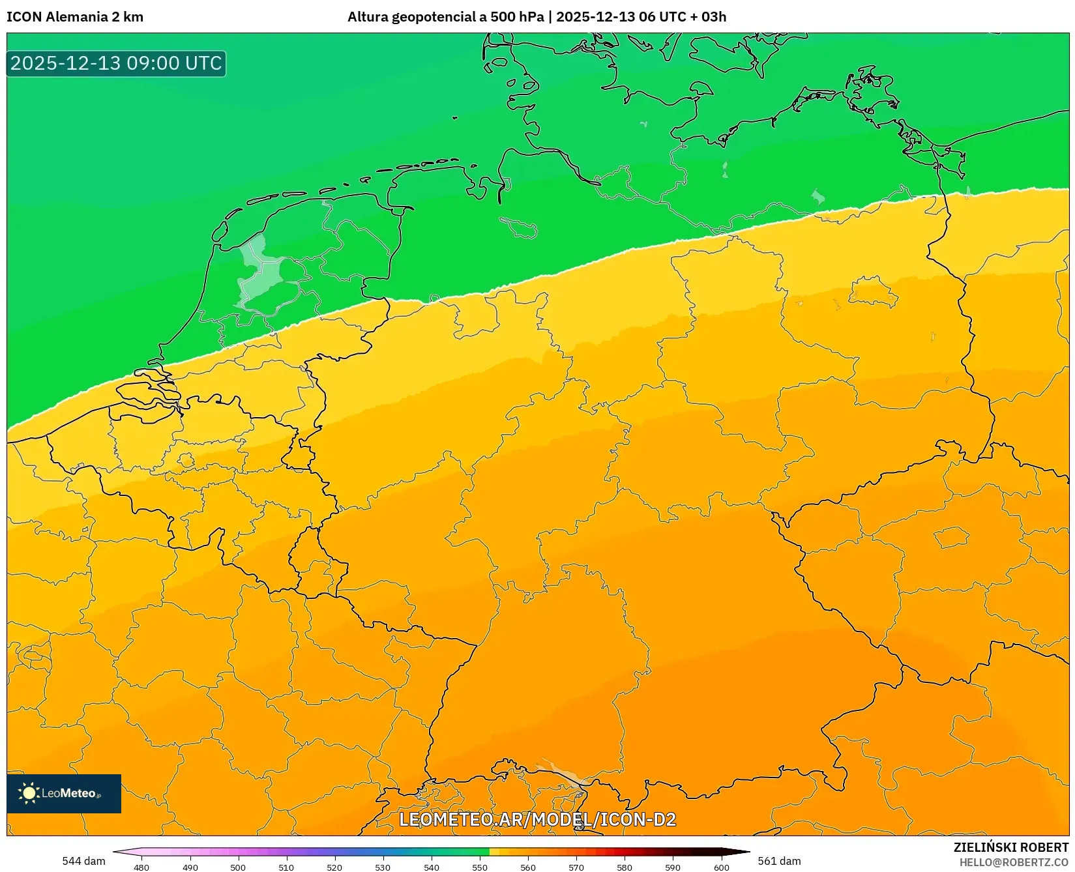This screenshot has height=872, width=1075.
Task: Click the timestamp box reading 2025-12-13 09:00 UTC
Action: (116, 63)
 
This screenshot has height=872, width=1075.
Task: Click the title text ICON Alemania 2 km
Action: (75, 17)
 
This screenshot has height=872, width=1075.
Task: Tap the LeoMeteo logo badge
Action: (64, 793)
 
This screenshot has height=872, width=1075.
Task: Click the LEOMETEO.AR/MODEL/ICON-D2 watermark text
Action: (537, 819)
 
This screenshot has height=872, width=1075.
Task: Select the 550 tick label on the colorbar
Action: (480, 867)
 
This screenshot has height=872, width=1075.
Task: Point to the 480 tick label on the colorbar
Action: (141, 867)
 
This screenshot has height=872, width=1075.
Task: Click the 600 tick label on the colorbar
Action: (721, 867)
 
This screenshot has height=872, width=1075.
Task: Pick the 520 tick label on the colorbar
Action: (334, 867)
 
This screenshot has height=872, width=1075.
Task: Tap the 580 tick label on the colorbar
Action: (625, 867)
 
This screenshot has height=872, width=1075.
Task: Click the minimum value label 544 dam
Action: (83, 861)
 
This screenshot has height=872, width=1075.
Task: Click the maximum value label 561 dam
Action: (779, 861)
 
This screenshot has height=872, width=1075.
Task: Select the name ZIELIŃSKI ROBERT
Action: (1011, 847)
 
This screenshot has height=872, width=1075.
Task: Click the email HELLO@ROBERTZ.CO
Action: (1014, 862)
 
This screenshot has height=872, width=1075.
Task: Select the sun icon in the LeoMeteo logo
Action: (29, 793)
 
